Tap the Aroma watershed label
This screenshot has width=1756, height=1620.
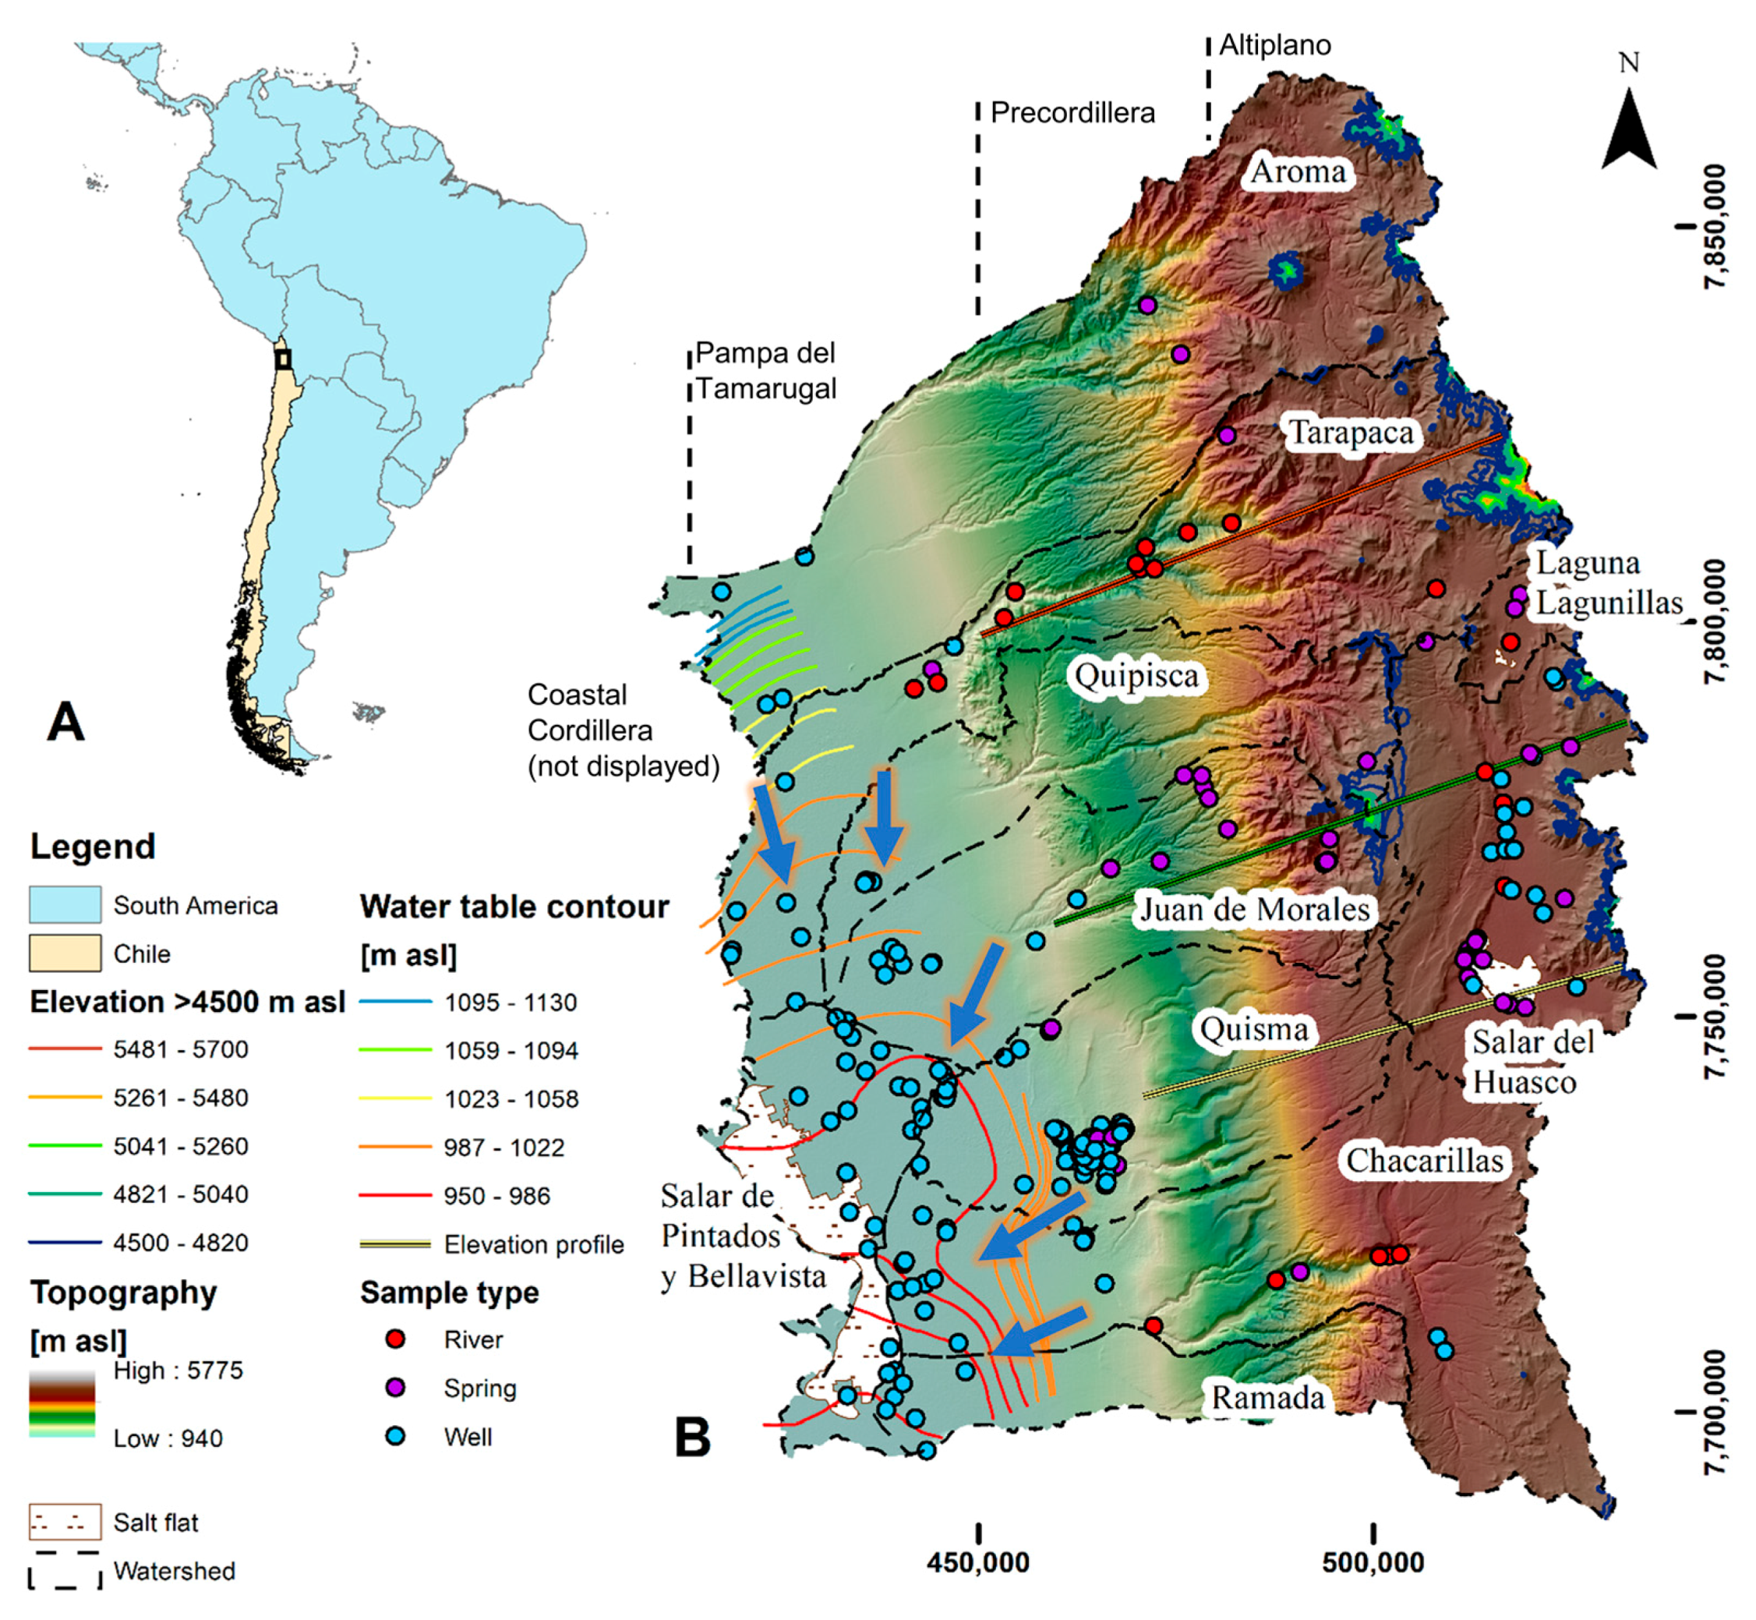coord(1297,171)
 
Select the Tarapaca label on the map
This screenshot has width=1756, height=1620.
coord(1350,433)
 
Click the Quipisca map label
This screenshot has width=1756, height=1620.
coord(1136,676)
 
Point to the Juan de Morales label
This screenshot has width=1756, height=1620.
coord(1254,909)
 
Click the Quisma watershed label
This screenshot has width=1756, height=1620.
coord(1253,1029)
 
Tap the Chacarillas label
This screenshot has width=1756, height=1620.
coord(1425,1161)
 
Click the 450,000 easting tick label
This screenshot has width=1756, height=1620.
coord(978,1562)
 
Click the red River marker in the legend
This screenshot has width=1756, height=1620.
coord(396,1339)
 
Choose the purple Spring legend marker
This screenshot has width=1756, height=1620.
coord(396,1388)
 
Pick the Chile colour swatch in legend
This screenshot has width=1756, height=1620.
coord(65,953)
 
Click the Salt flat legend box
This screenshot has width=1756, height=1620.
coord(65,1523)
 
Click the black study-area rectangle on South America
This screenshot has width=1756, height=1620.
coord(282,359)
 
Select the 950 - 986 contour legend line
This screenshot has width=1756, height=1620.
coord(395,1196)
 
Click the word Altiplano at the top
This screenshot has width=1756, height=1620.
coord(1274,45)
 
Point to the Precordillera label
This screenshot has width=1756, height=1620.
coord(1072,113)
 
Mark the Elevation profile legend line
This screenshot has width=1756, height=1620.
coord(395,1244)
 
